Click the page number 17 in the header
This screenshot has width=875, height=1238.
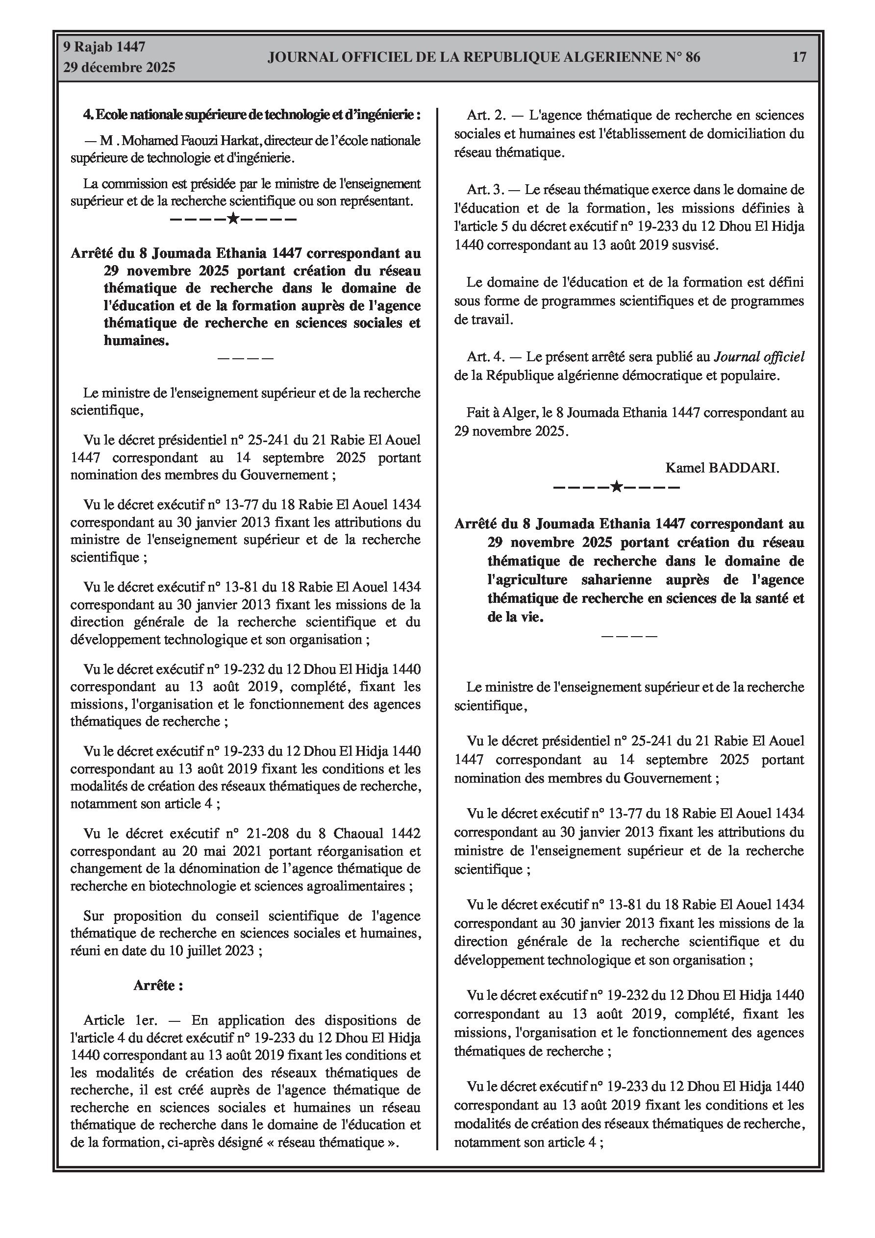pos(799,57)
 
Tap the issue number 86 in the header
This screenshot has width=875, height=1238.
pos(693,57)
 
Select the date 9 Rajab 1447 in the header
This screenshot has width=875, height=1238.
pos(104,47)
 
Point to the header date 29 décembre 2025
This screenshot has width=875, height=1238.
pos(119,68)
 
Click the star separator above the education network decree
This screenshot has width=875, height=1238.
pos(233,220)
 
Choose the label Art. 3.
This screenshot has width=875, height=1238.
pos(485,190)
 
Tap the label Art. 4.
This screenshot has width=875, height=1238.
pos(485,356)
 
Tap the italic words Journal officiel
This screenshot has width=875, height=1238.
pos(759,356)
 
